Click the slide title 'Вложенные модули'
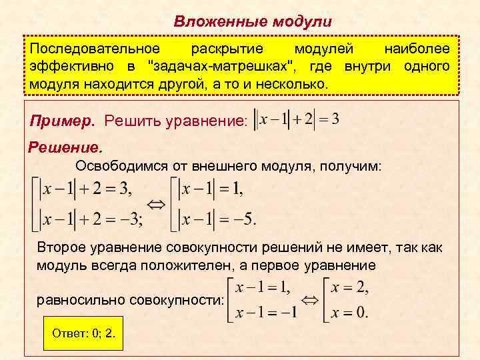pyautogui.click(x=253, y=21)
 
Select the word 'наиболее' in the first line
pyautogui.click(x=417, y=50)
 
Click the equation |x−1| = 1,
pyautogui.click(x=213, y=189)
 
